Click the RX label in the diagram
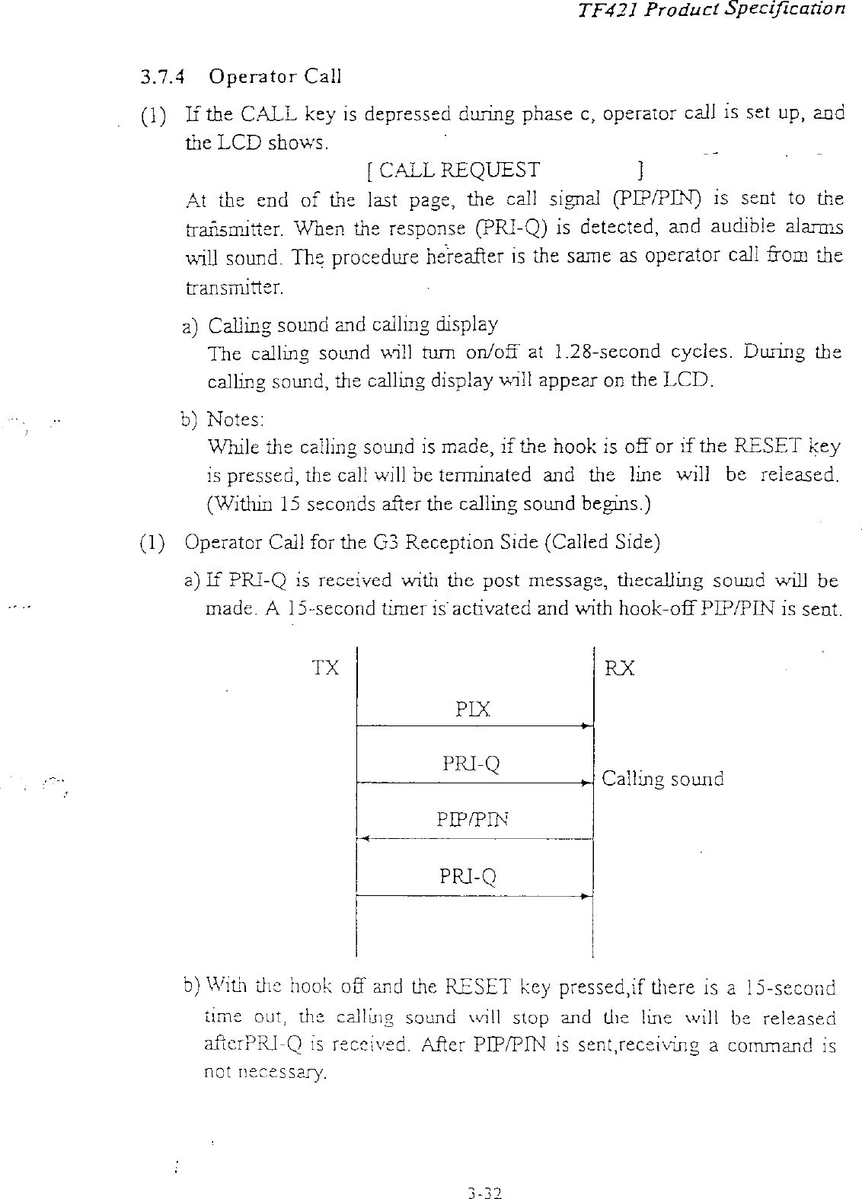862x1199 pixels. pos(619,668)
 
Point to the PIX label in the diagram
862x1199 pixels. pos(472,710)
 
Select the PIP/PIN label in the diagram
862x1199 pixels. pos(472,820)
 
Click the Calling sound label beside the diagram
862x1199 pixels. pos(662,779)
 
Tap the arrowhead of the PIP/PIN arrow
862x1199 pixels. pos(365,839)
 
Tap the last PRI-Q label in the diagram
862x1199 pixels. pos(468,877)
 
